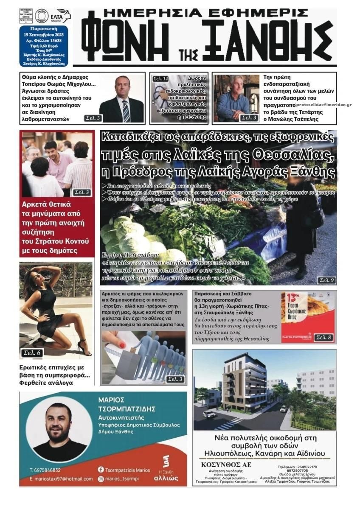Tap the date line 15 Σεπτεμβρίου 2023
pos(43,34)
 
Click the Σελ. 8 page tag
pos(323,337)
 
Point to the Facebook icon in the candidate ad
pos(101,470)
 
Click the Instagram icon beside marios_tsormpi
pos(101,479)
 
